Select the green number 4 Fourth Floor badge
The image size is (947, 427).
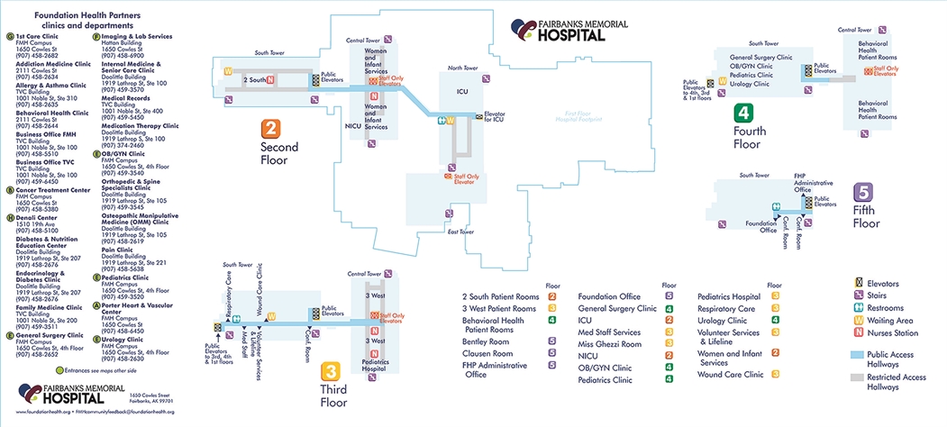[x=743, y=114]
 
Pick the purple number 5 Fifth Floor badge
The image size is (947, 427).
[x=864, y=193]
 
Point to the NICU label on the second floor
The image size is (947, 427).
[x=353, y=127]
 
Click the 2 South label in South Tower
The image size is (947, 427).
[x=258, y=81]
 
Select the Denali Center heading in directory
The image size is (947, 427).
[x=37, y=217]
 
